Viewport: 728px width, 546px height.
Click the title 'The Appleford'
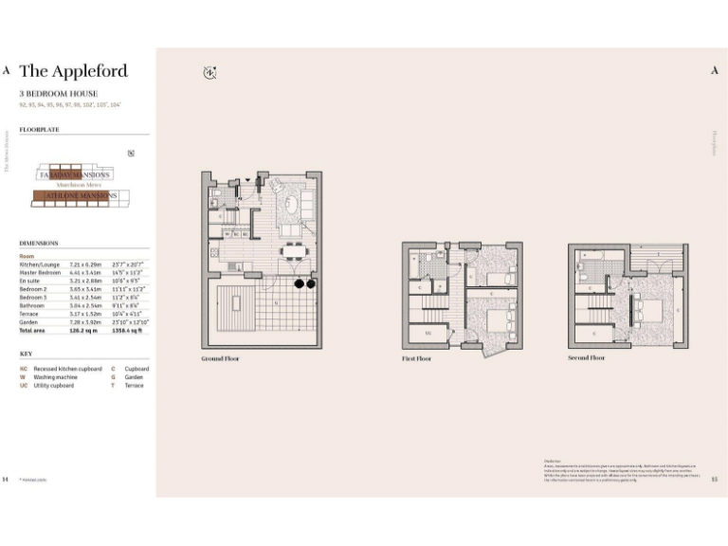tap(73, 71)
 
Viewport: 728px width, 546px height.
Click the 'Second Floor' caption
tap(586, 358)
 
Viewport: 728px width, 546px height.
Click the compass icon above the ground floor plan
tap(209, 72)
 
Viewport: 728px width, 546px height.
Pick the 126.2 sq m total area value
tap(83, 331)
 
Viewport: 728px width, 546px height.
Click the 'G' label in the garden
tap(275, 304)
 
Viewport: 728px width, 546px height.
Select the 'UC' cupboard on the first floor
tap(428, 333)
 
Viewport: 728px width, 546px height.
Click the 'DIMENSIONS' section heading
tap(39, 243)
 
